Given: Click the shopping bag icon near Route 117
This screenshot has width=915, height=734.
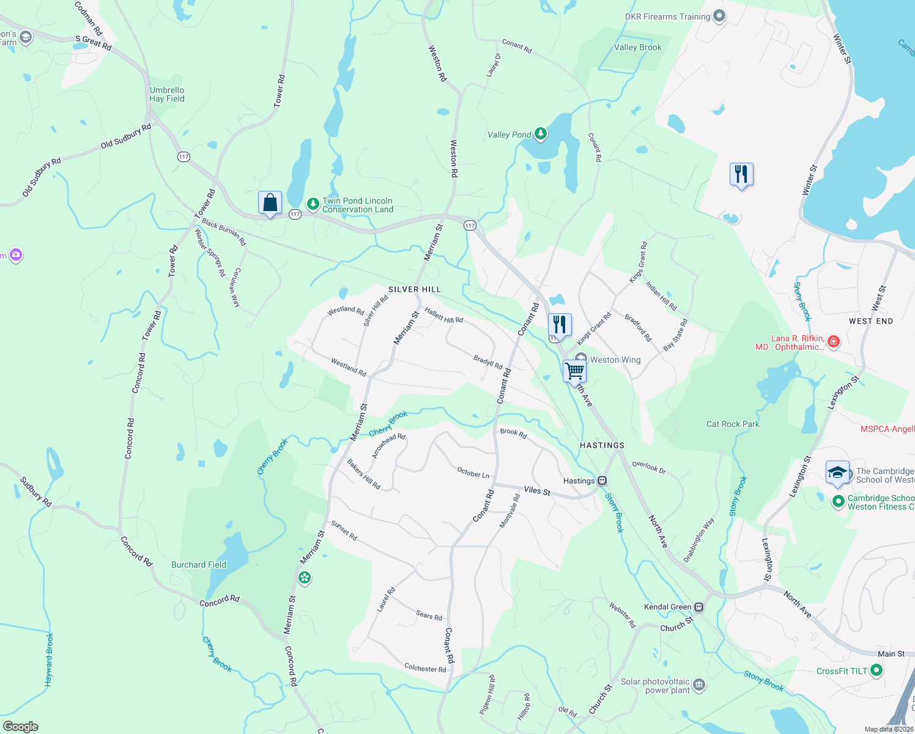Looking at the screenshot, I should point(270,202).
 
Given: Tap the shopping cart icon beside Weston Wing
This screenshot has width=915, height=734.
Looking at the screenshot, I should point(574,370).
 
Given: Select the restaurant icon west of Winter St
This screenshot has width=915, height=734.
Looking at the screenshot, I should point(741,174).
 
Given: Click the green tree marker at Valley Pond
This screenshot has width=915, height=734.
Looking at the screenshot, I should point(540,133).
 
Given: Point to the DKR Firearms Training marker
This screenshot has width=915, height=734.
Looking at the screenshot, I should point(719,17).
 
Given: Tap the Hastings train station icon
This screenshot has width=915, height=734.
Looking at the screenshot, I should point(602,481).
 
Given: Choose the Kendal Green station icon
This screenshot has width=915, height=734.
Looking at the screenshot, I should point(699,607).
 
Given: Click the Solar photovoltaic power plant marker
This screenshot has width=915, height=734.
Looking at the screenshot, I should point(699,684).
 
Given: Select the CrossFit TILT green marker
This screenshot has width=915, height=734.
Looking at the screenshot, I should point(876,671).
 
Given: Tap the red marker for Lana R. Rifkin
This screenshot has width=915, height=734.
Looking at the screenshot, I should point(833,341).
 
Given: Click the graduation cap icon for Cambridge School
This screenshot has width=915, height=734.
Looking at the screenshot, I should point(837,472).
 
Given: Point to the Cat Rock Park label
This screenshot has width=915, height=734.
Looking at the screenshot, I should point(733,424).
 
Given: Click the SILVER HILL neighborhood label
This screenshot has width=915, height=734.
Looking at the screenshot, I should point(415,289).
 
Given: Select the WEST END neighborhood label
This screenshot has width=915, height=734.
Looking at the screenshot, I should point(871,321).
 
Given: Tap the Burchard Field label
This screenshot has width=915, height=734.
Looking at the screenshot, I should point(199,565).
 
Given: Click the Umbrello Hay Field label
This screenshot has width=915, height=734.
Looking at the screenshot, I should point(167,94).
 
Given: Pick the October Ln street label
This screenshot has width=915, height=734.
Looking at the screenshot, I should point(473,473).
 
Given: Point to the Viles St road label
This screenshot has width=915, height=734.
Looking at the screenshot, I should point(537,491).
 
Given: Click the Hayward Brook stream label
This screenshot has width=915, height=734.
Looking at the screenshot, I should point(50,659).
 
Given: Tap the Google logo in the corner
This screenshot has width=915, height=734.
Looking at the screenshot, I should point(21,727).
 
